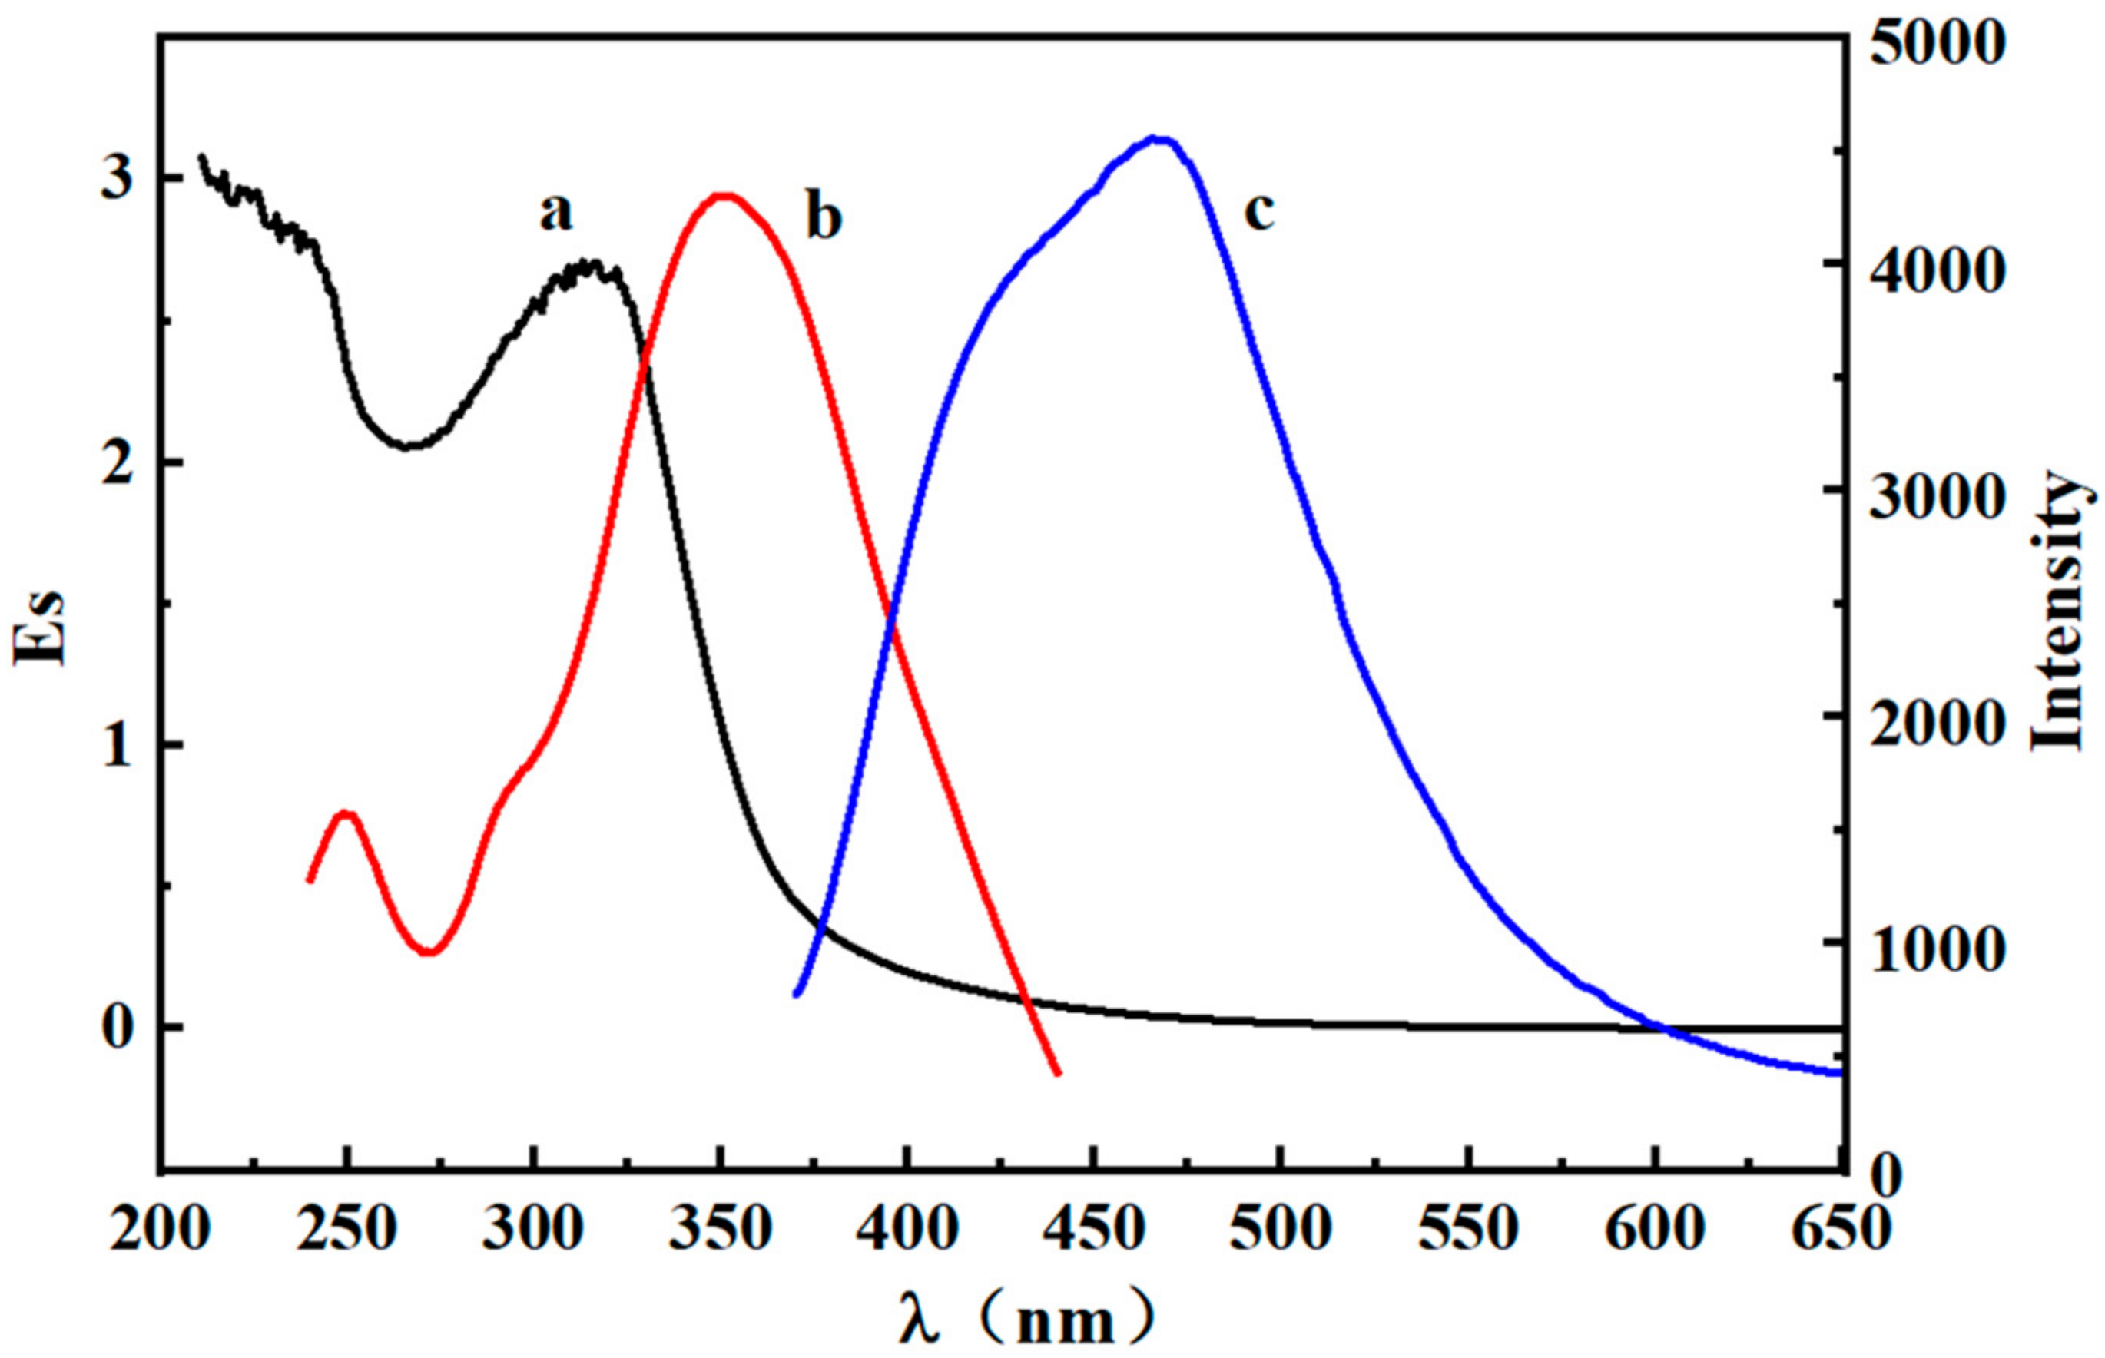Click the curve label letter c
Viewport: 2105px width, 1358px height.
coord(1259,213)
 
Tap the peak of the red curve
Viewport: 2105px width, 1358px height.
coord(723,196)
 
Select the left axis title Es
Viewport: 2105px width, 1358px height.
coord(40,627)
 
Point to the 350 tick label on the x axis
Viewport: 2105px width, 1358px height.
coord(721,1228)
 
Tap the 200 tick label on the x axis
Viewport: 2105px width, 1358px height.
coord(161,1228)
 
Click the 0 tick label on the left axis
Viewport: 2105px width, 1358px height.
coord(118,1028)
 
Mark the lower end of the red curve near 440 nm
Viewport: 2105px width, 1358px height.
coord(1056,1073)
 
